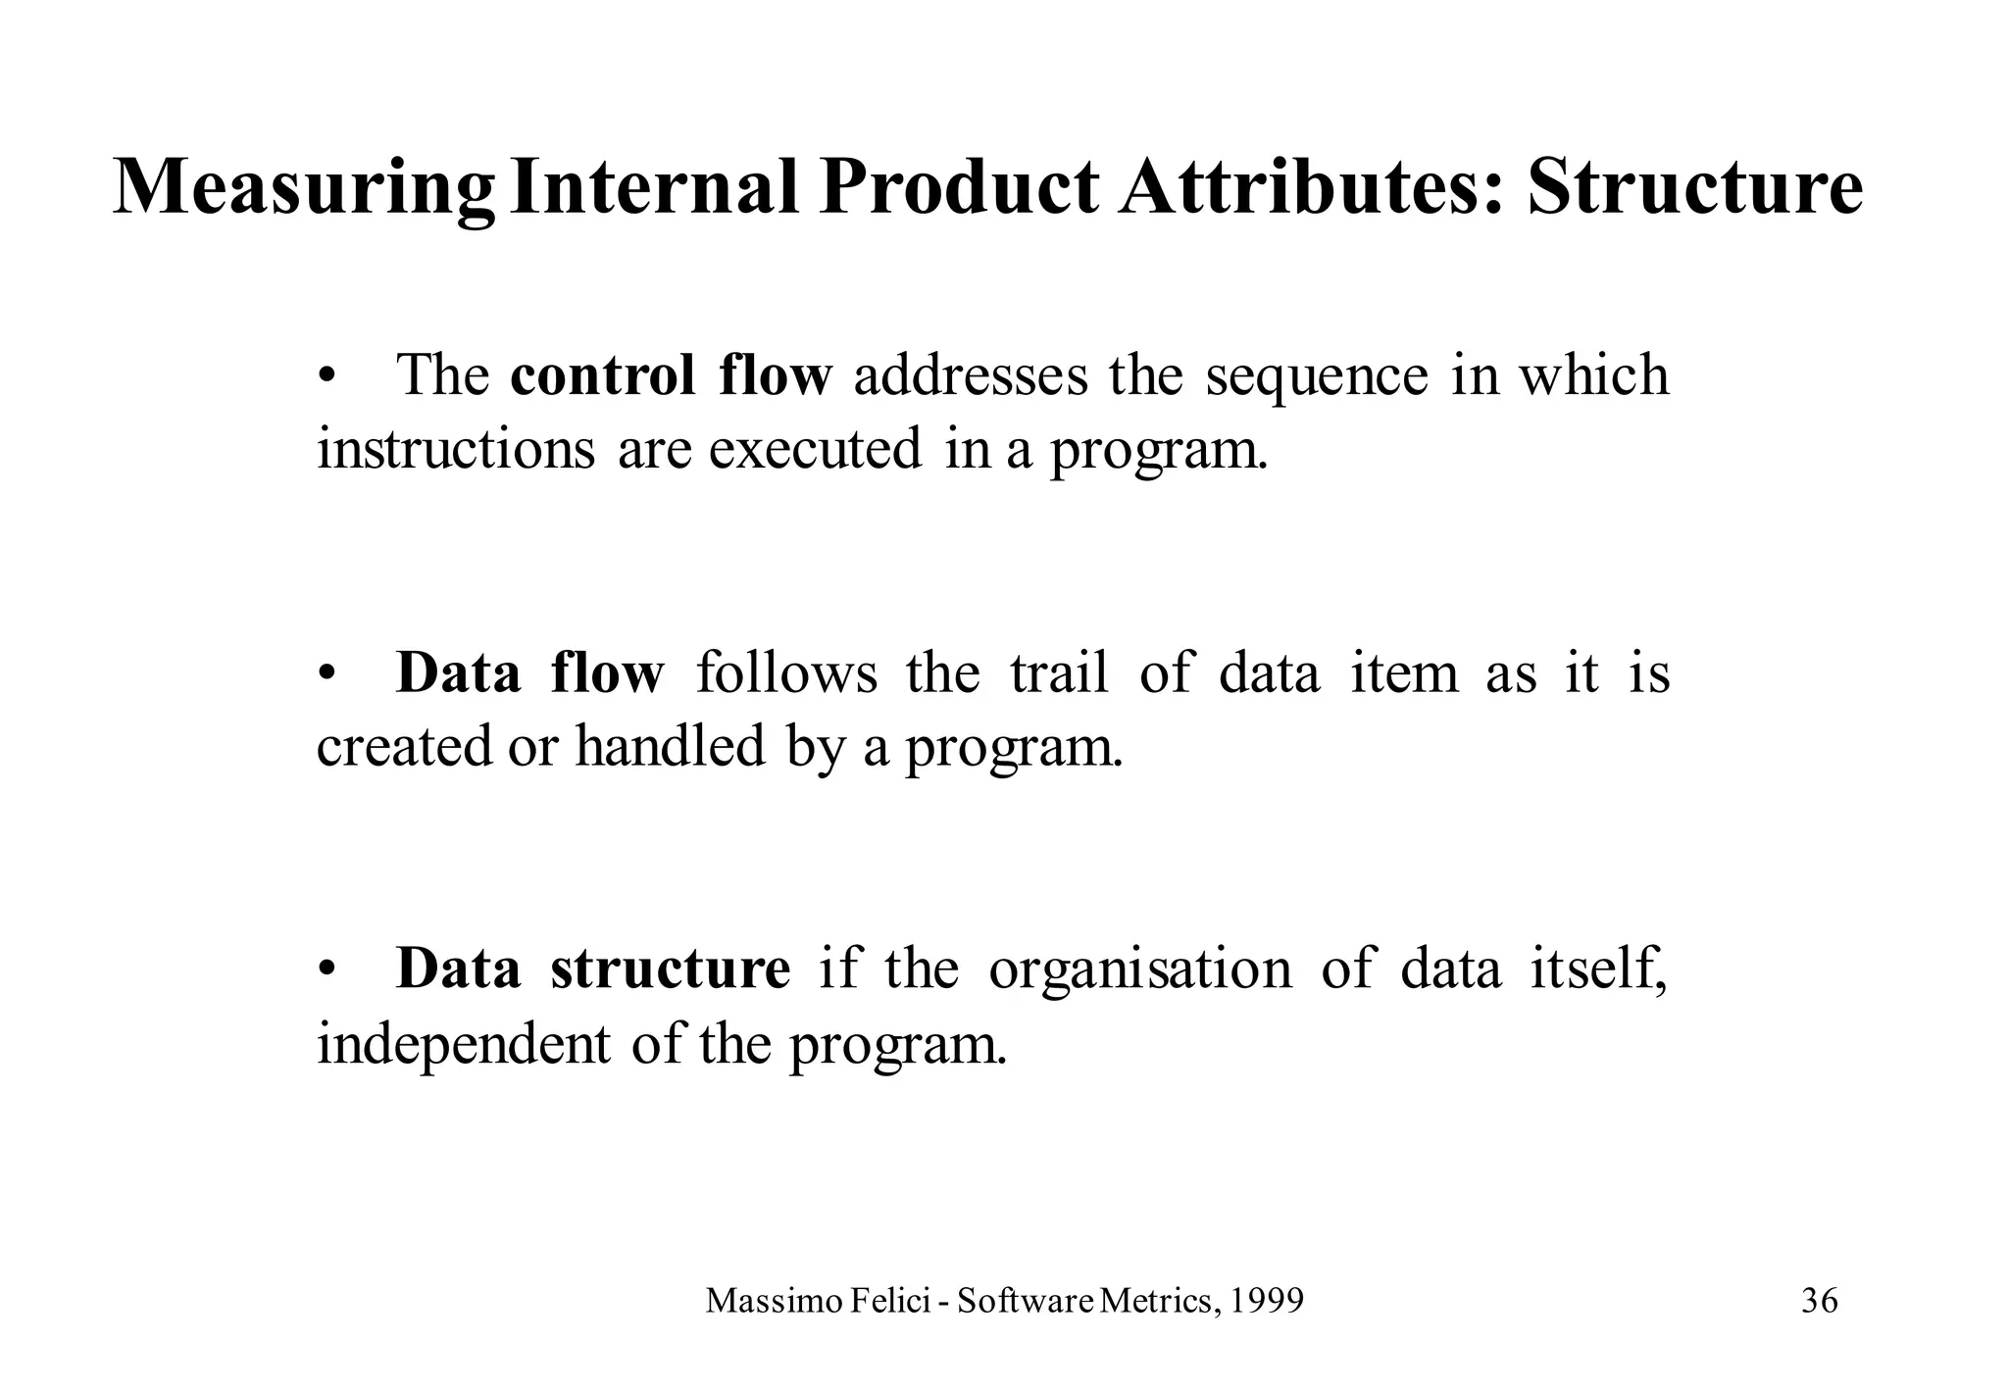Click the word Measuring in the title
click(304, 188)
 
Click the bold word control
click(602, 375)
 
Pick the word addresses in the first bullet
click(970, 375)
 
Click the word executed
click(815, 449)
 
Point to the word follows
click(786, 673)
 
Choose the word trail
click(1059, 673)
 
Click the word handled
click(670, 746)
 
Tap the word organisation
click(1140, 969)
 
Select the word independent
click(463, 1043)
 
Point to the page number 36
click(1819, 1302)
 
